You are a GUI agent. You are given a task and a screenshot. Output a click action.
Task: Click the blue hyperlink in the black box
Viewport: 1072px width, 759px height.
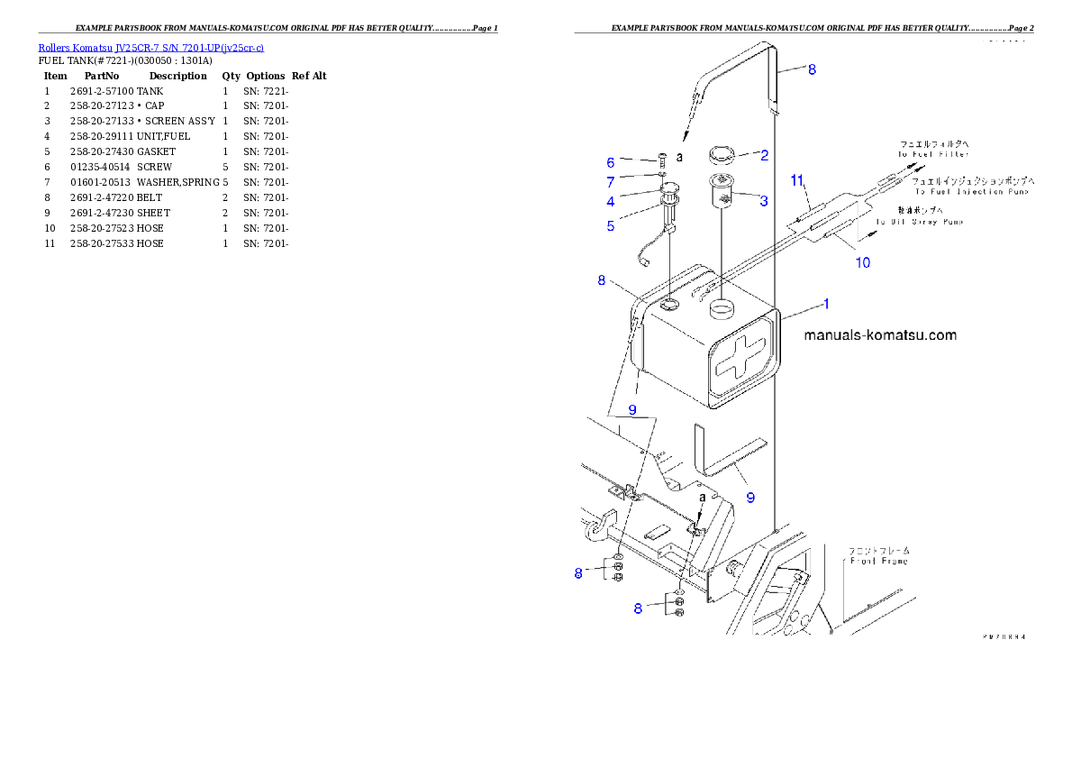pyautogui.click(x=150, y=48)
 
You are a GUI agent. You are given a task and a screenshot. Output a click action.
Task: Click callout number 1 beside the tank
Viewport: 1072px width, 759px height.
pyautogui.click(x=826, y=304)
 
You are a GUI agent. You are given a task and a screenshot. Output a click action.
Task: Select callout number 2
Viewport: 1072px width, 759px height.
pyautogui.click(x=764, y=155)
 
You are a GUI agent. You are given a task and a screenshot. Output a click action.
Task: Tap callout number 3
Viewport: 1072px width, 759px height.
pyautogui.click(x=764, y=201)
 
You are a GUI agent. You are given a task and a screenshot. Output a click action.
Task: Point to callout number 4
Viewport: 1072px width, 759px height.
pyautogui.click(x=611, y=202)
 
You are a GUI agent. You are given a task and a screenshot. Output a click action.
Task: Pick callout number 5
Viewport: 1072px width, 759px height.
pyautogui.click(x=611, y=226)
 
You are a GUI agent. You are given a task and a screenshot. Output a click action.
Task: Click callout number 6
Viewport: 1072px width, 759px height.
pyautogui.click(x=611, y=163)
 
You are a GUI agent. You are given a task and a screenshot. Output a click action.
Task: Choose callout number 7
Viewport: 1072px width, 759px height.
pyautogui.click(x=611, y=182)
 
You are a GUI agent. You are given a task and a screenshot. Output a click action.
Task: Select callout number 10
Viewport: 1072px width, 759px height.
pyautogui.click(x=863, y=263)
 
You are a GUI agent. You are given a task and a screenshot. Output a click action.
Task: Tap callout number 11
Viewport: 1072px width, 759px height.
pyautogui.click(x=797, y=181)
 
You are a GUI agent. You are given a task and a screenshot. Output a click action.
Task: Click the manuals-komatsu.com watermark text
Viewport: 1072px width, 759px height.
pyautogui.click(x=879, y=335)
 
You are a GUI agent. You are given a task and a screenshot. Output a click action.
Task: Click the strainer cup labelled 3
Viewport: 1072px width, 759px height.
pyautogui.click(x=722, y=192)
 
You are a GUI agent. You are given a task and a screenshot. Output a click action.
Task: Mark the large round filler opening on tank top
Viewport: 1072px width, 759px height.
pyautogui.click(x=722, y=310)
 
